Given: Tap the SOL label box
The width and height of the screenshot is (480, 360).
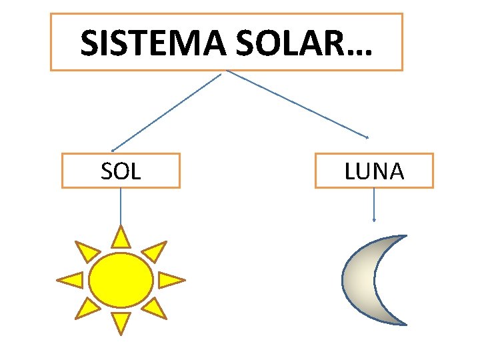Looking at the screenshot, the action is pos(121,171).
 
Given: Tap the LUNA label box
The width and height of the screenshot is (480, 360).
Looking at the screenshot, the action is pos(374,171).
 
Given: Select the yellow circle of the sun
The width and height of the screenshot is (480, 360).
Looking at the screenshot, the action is pos(121,280).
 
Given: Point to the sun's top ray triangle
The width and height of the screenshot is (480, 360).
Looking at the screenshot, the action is pos(121,238).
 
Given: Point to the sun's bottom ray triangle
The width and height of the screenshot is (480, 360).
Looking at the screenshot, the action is pos(121,321).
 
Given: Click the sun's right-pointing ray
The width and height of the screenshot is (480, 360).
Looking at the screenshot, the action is pos(169,280).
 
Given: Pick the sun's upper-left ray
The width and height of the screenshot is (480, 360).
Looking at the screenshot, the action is pos(87,251).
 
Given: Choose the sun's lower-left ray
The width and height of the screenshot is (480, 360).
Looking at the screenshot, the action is pos(87,308).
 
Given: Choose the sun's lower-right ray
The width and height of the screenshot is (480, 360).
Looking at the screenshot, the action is pos(155,308).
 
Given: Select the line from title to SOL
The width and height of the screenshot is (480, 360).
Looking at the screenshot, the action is pos(167,111).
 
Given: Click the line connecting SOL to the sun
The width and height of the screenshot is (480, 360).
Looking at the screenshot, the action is pos(121,207).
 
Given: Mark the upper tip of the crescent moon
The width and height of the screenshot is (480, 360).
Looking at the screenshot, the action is pos(402,236).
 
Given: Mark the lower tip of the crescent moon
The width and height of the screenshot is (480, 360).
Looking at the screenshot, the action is pos(402,323).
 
